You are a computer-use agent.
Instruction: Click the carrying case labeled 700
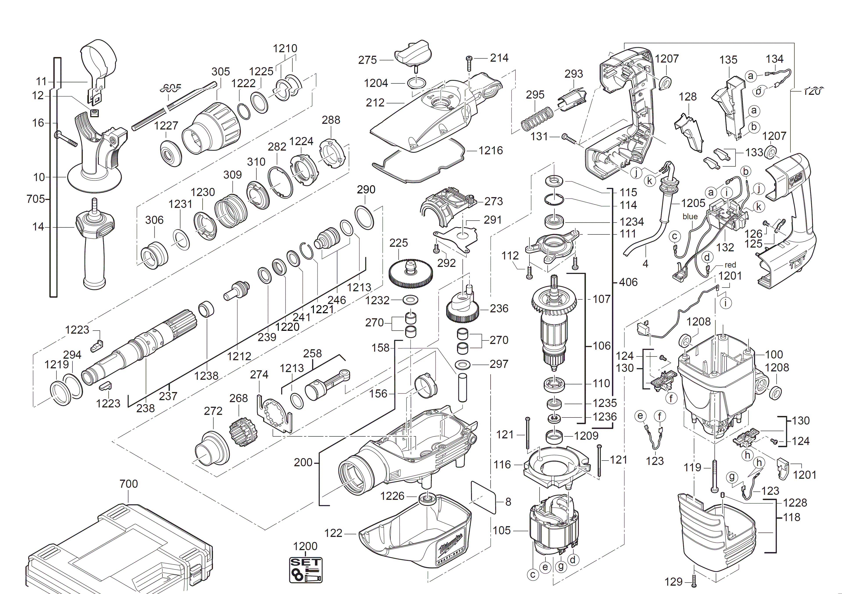pyautogui.click(x=117, y=550)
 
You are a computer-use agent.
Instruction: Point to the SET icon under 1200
pyautogui.click(x=306, y=570)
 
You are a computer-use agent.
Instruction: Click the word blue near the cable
pyautogui.click(x=690, y=217)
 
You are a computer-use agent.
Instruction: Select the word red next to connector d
pyautogui.click(x=730, y=265)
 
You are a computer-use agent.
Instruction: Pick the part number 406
pyautogui.click(x=628, y=282)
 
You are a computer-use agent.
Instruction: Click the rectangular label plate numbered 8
pyautogui.click(x=483, y=498)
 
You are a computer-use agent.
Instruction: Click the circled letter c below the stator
pyautogui.click(x=533, y=574)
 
